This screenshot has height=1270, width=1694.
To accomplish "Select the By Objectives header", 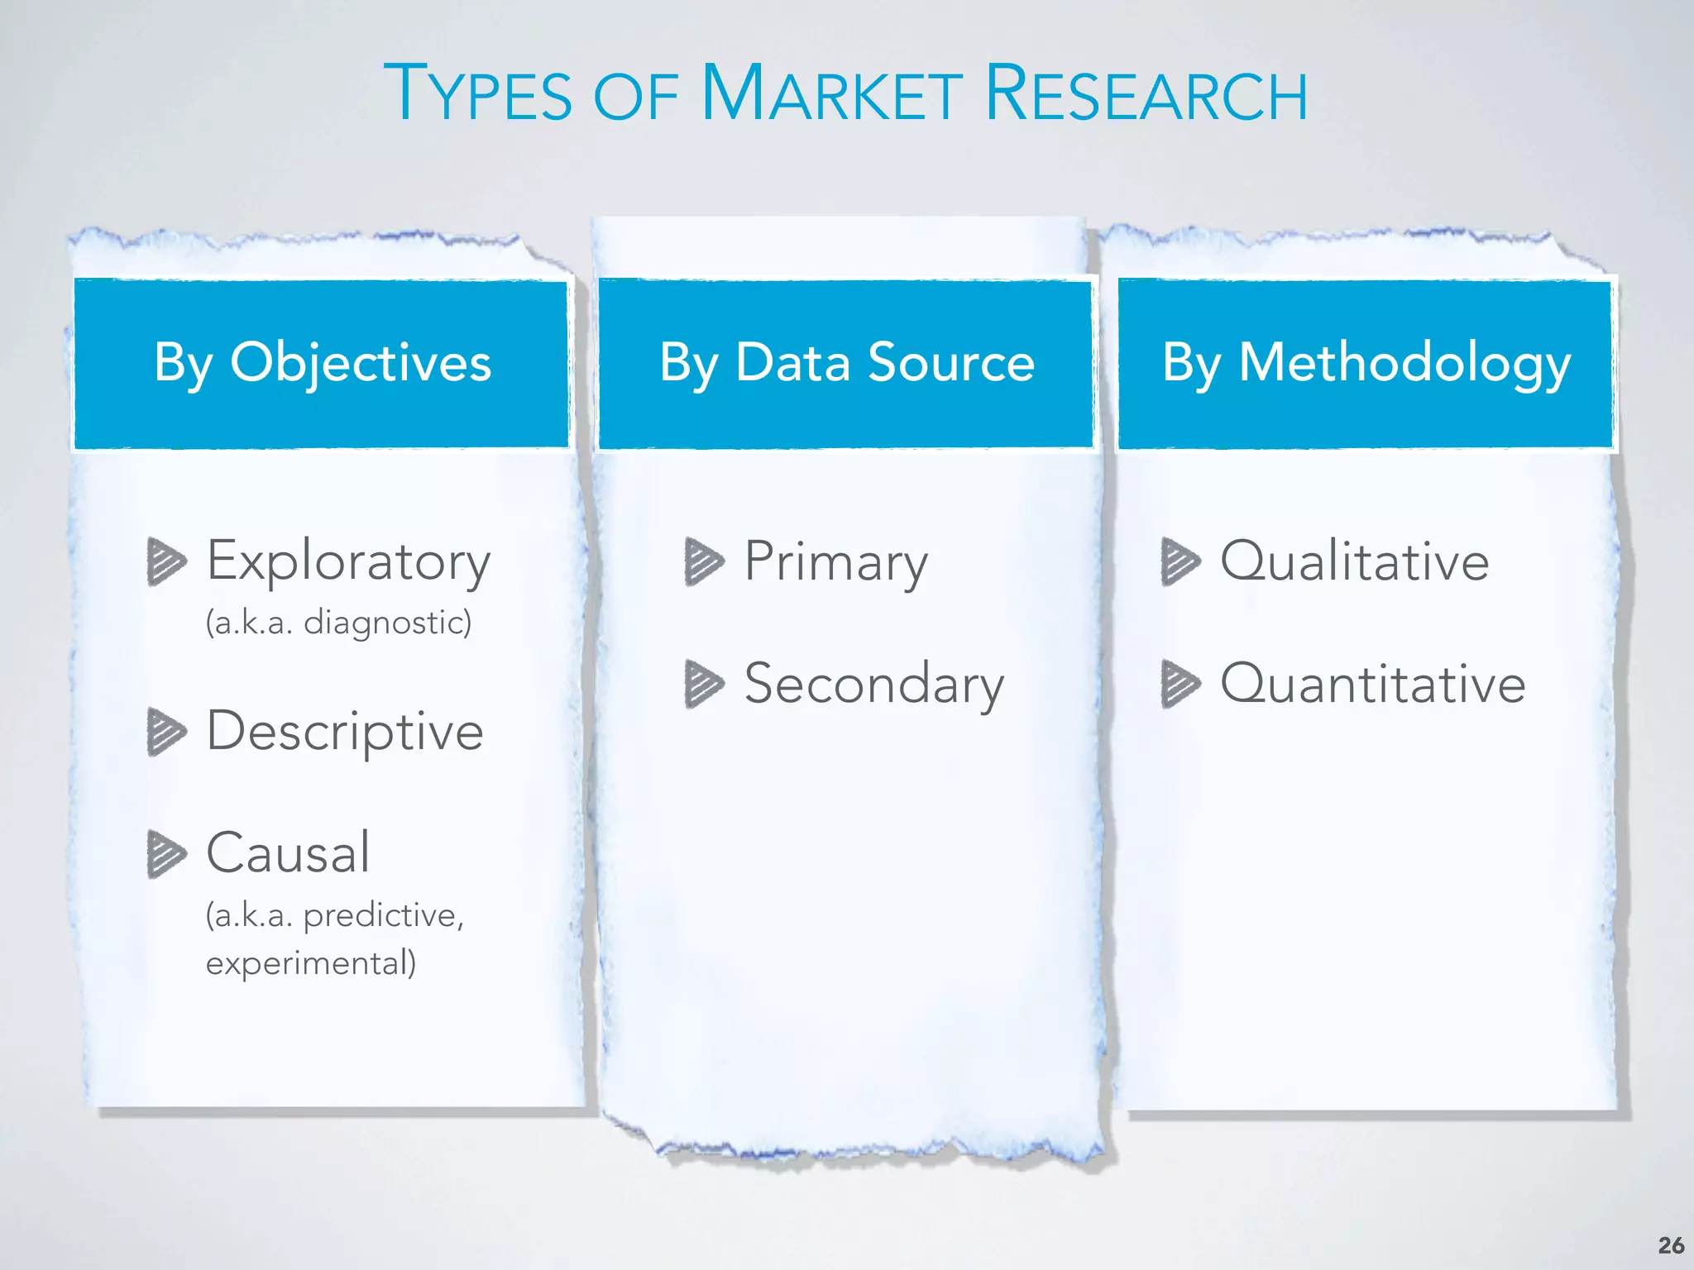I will coord(323,364).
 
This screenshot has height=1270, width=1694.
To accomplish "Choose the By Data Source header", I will coord(847,364).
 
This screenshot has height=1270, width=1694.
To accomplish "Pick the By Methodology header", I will coord(1366,364).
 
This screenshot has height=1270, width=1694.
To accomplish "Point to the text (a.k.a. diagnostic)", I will coord(338,623).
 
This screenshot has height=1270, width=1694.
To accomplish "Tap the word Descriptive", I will coord(344,732).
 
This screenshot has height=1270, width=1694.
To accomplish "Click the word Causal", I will coord(288,852).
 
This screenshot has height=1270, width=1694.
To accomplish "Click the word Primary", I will coord(835,562).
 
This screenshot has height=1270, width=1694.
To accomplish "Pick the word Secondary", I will coord(874,685).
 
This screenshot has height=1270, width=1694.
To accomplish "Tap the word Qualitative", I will coord(1354,562).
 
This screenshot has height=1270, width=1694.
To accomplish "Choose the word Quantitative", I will coord(1372,685).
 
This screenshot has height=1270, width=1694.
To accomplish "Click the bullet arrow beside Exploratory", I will coord(165,561).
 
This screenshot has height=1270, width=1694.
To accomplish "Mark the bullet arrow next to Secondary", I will coord(704,684).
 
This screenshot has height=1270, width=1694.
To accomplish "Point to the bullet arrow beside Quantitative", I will coord(1180,684).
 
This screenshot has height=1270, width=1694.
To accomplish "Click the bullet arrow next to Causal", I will coord(165,853).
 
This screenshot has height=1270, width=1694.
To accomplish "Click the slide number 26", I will coord(1671,1245).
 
